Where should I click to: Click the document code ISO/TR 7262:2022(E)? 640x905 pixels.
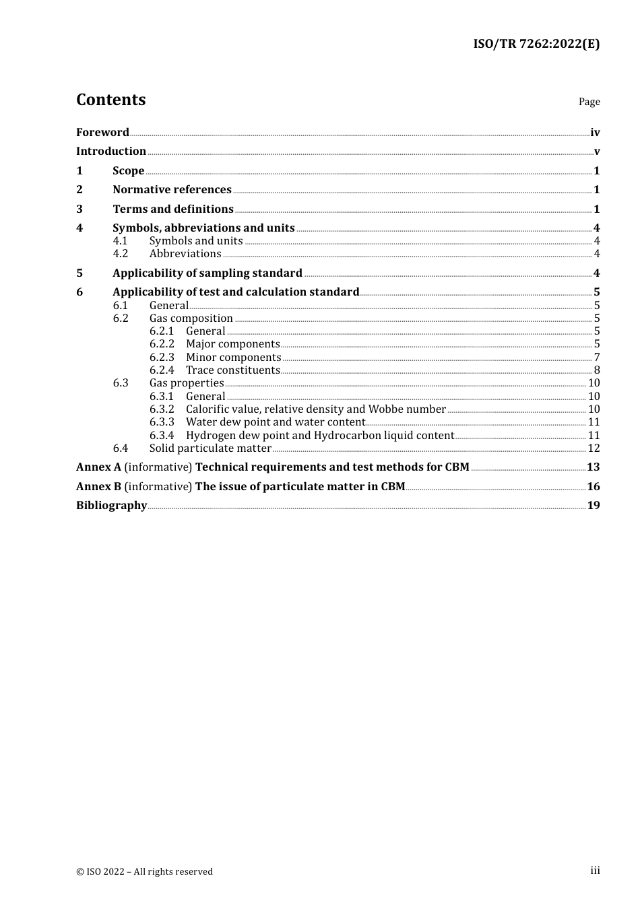click(536, 44)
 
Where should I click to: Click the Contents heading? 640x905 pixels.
click(110, 100)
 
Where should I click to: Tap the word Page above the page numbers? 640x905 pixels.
click(589, 102)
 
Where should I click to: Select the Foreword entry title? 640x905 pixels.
click(102, 133)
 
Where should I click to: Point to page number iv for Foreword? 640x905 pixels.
click(595, 133)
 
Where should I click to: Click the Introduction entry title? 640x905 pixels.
click(111, 152)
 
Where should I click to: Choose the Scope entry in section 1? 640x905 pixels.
click(128, 171)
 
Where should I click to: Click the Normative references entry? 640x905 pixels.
click(172, 190)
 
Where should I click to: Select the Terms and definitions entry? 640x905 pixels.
click(173, 209)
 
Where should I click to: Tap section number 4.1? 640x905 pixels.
click(120, 241)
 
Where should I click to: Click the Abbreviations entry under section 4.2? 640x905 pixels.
click(185, 254)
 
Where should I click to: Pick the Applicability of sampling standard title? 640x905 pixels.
click(207, 273)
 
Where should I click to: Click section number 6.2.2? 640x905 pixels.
click(162, 344)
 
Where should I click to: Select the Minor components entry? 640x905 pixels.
click(233, 358)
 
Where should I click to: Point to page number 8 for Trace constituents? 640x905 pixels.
click(597, 370)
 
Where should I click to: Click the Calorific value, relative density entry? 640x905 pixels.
click(316, 409)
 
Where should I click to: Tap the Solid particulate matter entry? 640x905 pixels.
click(210, 448)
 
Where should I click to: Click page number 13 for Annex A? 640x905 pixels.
click(594, 467)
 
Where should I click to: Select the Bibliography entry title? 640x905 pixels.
click(111, 506)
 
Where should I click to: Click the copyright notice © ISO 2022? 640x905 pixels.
click(144, 871)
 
